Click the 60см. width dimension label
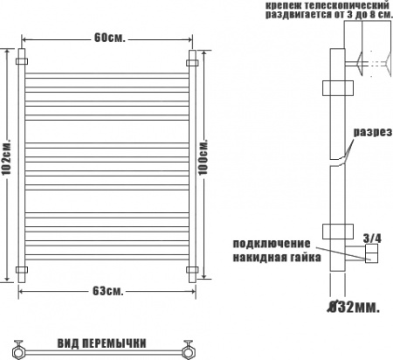pos(109,38)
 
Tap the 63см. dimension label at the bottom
pos(108,291)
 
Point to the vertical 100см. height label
pos(203,157)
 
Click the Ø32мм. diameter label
pos(353,307)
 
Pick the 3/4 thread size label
pos(372,239)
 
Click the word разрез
pos(373,132)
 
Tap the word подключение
pos(272,244)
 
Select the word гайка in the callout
pos(304,257)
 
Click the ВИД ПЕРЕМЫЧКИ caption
pos(101,343)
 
